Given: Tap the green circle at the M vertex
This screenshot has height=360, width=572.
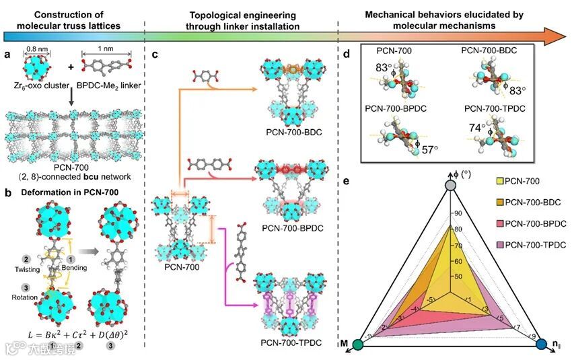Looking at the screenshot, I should pos(358,345).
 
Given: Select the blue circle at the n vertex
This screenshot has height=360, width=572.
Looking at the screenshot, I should pos(542,345).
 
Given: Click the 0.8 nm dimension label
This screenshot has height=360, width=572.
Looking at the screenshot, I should pos(33,48).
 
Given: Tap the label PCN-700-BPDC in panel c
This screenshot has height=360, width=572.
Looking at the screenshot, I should pos(291,229).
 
